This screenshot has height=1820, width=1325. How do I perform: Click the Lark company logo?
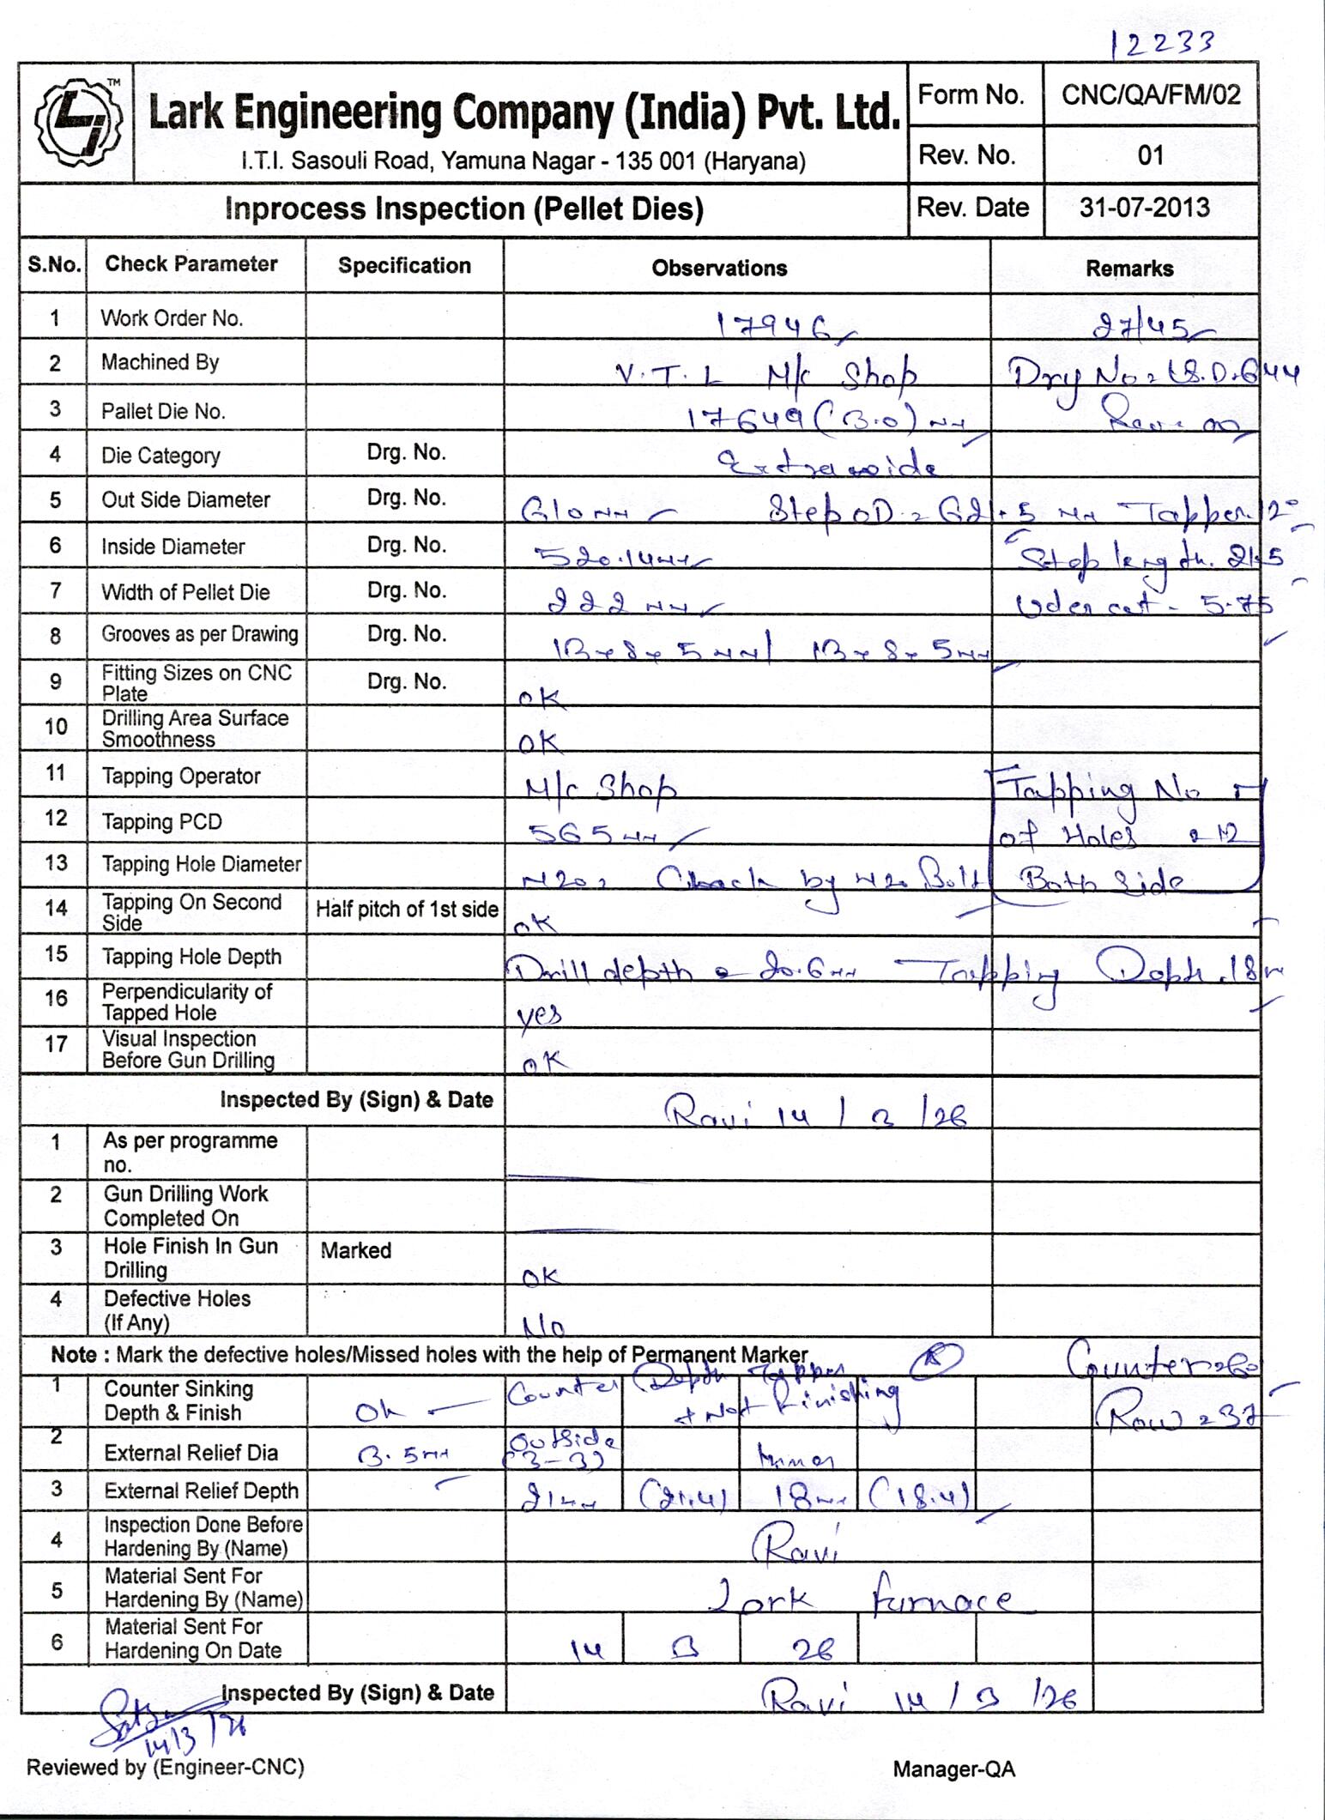76,123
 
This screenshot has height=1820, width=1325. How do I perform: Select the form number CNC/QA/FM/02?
1151,94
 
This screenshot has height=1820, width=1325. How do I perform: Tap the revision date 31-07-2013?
1145,208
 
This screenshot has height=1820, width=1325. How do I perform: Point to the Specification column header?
404,266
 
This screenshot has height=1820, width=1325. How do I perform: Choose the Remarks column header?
1129,269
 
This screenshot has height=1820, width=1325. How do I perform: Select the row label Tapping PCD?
161,822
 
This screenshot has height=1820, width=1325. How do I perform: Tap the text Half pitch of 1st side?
407,910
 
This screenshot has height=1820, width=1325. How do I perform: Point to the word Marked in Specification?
355,1250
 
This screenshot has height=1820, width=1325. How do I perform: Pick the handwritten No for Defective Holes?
544,1328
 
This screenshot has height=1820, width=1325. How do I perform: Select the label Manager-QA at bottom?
953,1769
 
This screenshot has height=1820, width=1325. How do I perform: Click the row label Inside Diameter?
172,547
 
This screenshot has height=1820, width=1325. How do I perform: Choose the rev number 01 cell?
1150,155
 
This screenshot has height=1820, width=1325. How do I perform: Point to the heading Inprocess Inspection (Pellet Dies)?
463,209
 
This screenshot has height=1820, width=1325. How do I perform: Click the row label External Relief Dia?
191,1453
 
